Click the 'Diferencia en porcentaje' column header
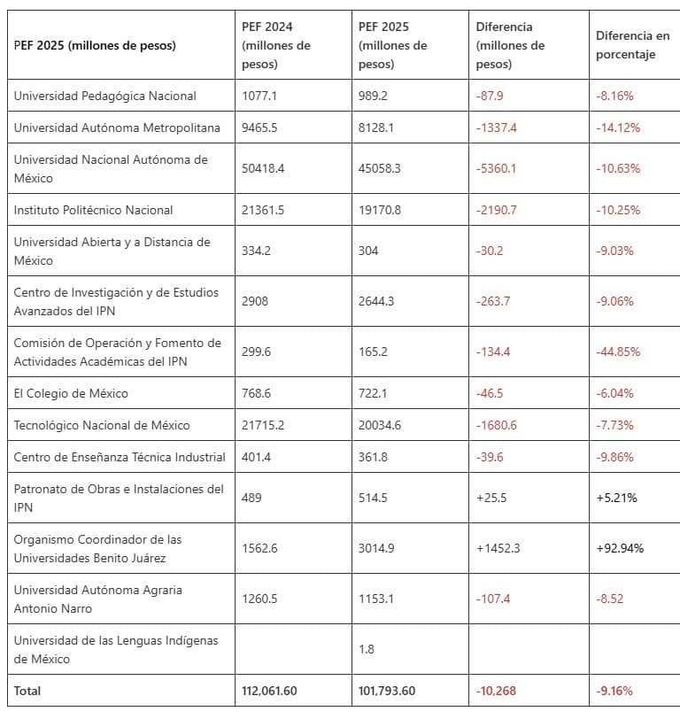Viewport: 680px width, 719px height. pyautogui.click(x=632, y=46)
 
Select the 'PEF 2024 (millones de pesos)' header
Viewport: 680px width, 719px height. pyautogui.click(x=276, y=46)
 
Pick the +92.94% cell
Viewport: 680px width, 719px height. pyautogui.click(x=620, y=548)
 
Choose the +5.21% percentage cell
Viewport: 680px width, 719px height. pyautogui.click(x=616, y=498)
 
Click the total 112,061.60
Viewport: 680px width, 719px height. pyautogui.click(x=274, y=691)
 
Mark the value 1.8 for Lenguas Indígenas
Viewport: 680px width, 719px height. pyautogui.click(x=367, y=649)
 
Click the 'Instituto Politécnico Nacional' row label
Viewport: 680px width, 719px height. pyautogui.click(x=93, y=210)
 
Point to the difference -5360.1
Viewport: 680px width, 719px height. pyautogui.click(x=496, y=168)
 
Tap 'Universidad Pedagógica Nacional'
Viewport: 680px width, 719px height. pyautogui.click(x=104, y=96)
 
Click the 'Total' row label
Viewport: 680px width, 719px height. pyautogui.click(x=27, y=691)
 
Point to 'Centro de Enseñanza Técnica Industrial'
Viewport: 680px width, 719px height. pyautogui.click(x=120, y=457)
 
